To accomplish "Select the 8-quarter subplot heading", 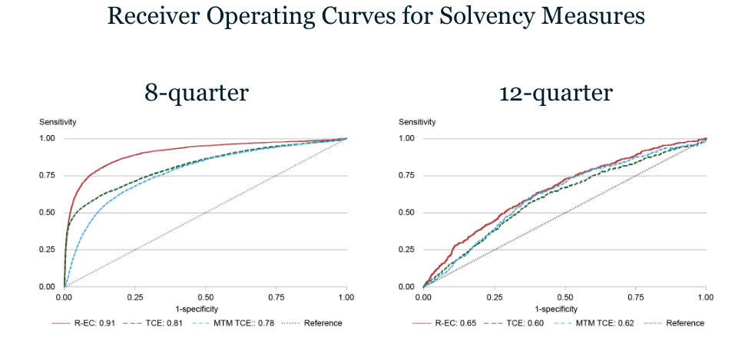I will tap(197, 93).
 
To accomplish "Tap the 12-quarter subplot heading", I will tap(555, 93).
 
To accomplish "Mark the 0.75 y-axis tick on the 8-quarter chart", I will tap(48, 176).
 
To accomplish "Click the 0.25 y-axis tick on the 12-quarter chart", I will tap(407, 249).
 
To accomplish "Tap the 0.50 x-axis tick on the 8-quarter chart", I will tap(206, 296).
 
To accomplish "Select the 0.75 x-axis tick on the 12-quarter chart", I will tap(635, 296).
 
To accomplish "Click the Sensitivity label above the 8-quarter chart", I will tap(58, 122).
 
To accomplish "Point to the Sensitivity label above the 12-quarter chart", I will tap(417, 122).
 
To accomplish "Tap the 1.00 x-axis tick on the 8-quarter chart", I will tap(346, 296).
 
